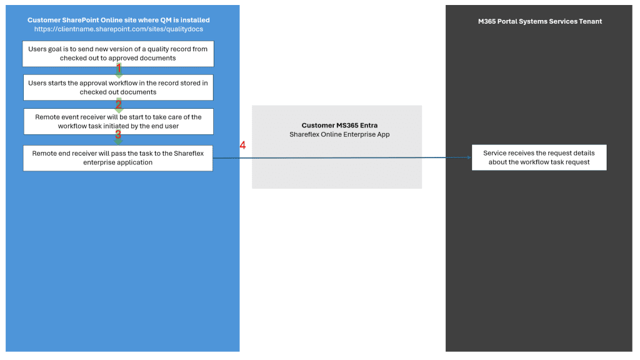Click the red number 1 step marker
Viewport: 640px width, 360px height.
[x=119, y=67]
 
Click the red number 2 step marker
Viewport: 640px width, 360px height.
[x=119, y=103]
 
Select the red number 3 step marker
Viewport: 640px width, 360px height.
[x=118, y=134]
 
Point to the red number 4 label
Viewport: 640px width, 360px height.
[x=242, y=146]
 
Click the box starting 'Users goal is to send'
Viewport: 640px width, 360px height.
[x=118, y=54]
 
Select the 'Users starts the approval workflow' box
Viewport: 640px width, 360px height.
[x=118, y=87]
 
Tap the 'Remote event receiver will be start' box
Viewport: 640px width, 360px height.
[x=118, y=121]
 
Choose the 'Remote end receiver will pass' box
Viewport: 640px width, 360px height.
[x=118, y=157]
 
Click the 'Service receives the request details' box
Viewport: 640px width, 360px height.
[x=539, y=157]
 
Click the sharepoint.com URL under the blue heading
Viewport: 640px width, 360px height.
[x=118, y=29]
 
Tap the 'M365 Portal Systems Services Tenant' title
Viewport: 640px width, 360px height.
[x=539, y=21]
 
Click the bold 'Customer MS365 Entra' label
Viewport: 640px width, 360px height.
[x=336, y=126]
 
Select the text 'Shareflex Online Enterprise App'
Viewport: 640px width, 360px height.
[x=336, y=134]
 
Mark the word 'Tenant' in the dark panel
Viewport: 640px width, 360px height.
[x=589, y=21]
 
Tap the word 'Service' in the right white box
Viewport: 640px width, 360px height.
[x=496, y=153]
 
